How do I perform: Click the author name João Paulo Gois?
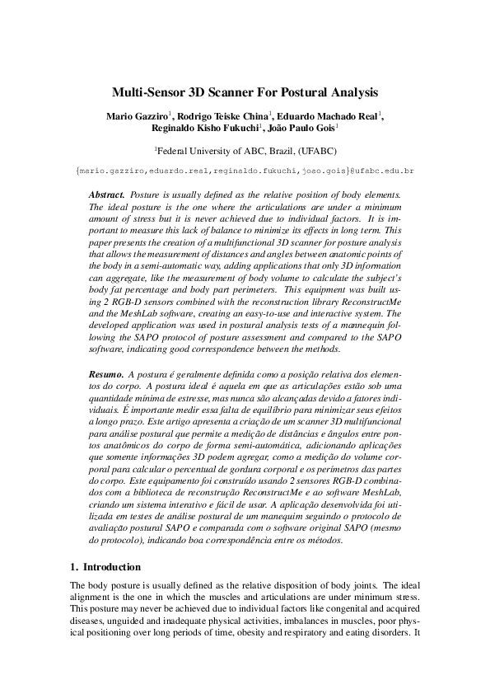tap(303, 128)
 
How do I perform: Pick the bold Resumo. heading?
tap(107, 375)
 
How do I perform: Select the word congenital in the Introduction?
tap(324, 611)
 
